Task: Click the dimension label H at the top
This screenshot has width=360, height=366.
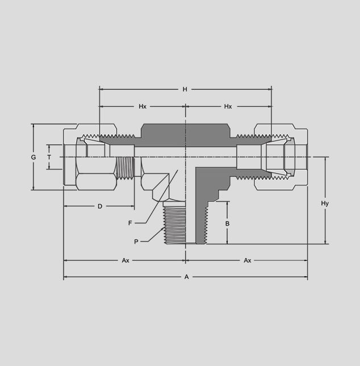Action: [185, 89]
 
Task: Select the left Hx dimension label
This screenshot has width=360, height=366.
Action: [143, 106]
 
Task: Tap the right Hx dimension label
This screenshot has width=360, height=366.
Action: [228, 106]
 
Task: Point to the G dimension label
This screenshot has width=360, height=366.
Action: [34, 157]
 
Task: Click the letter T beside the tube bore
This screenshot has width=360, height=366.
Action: [49, 157]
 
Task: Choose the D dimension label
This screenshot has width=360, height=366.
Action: [100, 206]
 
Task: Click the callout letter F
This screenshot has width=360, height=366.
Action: [130, 223]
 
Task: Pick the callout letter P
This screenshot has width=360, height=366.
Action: [136, 242]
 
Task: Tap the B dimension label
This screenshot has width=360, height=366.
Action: [227, 223]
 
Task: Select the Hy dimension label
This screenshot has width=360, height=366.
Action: [325, 203]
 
